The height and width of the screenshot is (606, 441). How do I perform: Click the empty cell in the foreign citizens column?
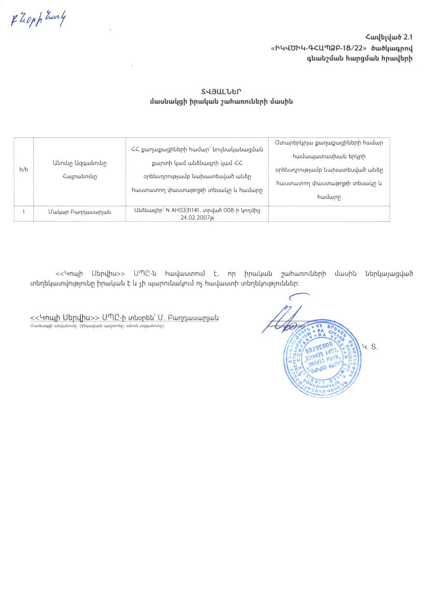329,214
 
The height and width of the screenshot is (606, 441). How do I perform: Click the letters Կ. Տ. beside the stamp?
370,346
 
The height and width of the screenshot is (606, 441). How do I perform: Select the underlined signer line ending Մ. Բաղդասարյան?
125,317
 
